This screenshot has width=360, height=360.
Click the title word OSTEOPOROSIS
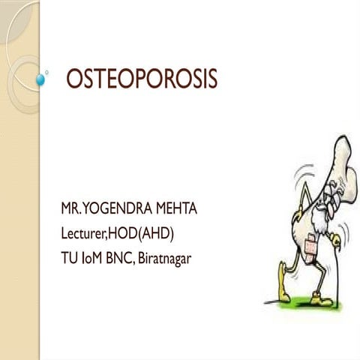(x=142, y=79)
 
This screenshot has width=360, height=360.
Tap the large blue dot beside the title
(x=40, y=77)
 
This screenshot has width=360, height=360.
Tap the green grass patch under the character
(x=300, y=306)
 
